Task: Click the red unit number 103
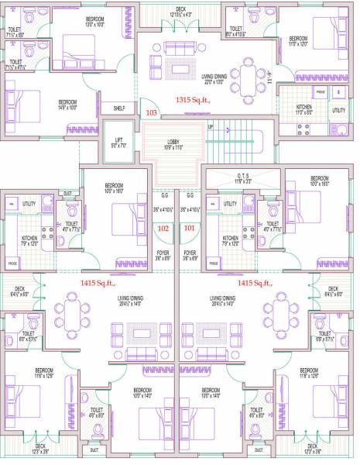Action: [x=151, y=113]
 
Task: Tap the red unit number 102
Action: [x=163, y=228]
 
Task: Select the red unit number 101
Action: [x=189, y=228]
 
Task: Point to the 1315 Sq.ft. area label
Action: [x=194, y=100]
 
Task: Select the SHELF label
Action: [x=119, y=108]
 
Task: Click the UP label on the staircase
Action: [x=209, y=127]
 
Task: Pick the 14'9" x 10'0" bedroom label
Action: [x=68, y=105]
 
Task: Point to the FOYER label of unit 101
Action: [x=189, y=254]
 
